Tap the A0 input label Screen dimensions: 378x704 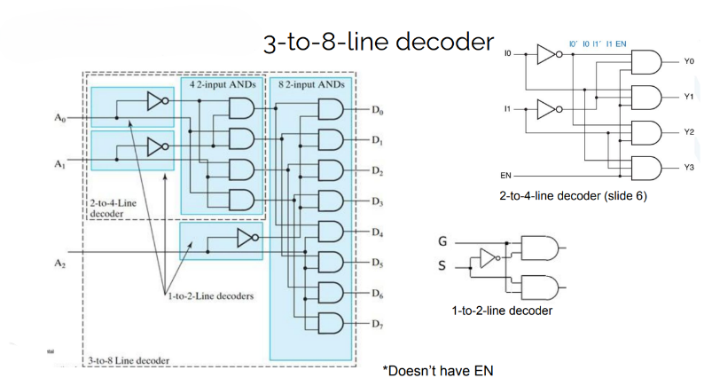[x=59, y=117]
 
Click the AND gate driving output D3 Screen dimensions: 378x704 [x=329, y=202]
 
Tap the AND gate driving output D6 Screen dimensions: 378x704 [x=329, y=294]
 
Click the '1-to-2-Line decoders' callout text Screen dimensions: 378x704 [x=209, y=295]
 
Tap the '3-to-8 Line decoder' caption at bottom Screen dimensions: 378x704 [x=129, y=360]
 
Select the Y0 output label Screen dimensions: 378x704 [x=689, y=62]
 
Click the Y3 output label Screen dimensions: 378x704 [x=689, y=167]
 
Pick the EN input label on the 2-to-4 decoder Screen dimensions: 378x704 [x=505, y=175]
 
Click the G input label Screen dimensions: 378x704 [x=443, y=240]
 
